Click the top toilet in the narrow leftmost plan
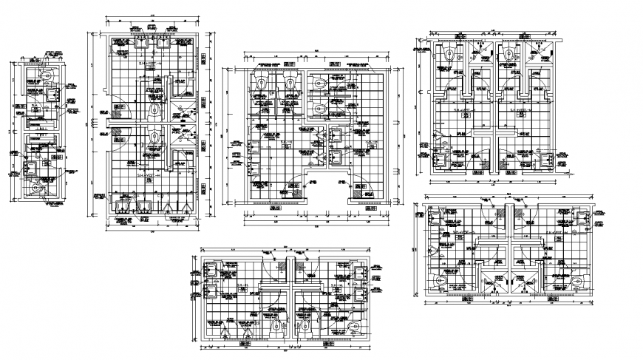coord(46,75)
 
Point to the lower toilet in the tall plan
coord(153,137)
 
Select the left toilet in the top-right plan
coord(449,53)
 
